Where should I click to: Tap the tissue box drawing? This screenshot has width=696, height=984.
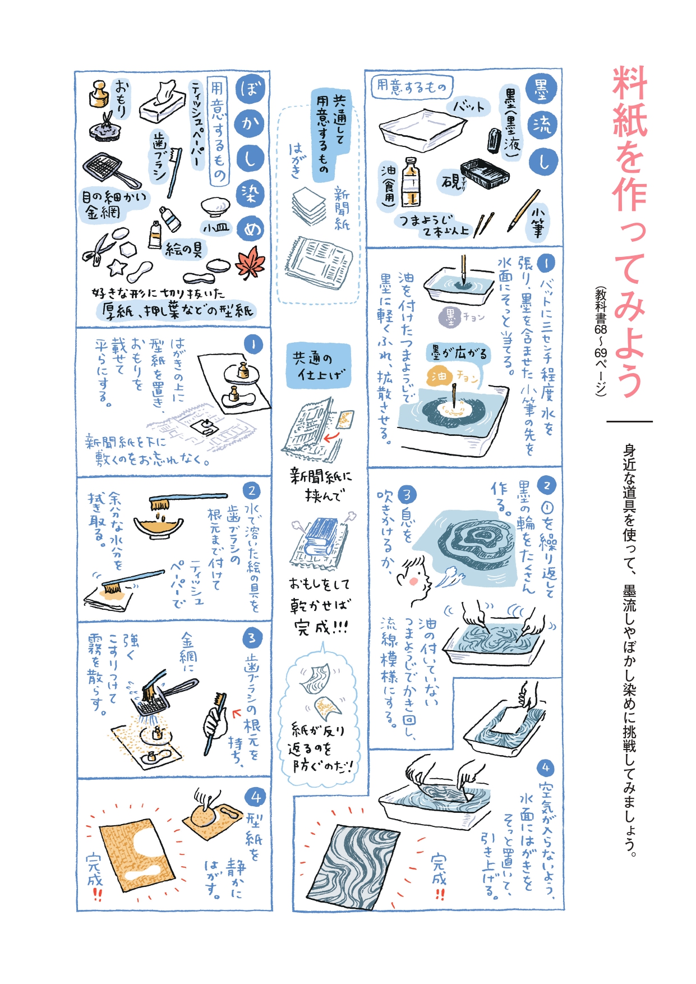162,102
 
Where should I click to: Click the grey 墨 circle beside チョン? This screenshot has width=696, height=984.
450,317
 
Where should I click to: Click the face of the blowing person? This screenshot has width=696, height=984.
416,579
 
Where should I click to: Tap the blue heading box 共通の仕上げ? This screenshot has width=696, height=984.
318,366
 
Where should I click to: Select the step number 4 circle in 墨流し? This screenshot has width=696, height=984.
545,767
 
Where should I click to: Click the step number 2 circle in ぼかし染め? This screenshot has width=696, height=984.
251,490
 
